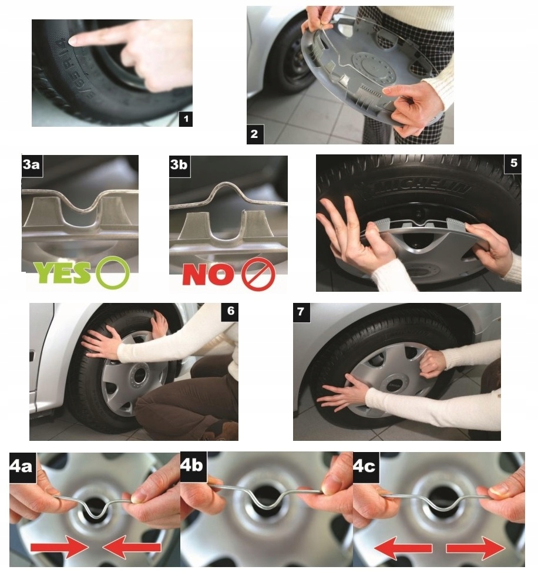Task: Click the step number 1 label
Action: click(186, 119)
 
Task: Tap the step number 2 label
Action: click(254, 134)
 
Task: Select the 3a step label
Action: click(31, 164)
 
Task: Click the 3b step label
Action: click(179, 165)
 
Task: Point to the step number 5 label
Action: click(513, 163)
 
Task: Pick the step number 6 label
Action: click(230, 311)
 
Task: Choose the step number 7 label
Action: click(301, 312)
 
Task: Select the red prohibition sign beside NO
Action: click(257, 273)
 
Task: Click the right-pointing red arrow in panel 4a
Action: click(59, 548)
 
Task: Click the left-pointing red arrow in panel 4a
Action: click(132, 548)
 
